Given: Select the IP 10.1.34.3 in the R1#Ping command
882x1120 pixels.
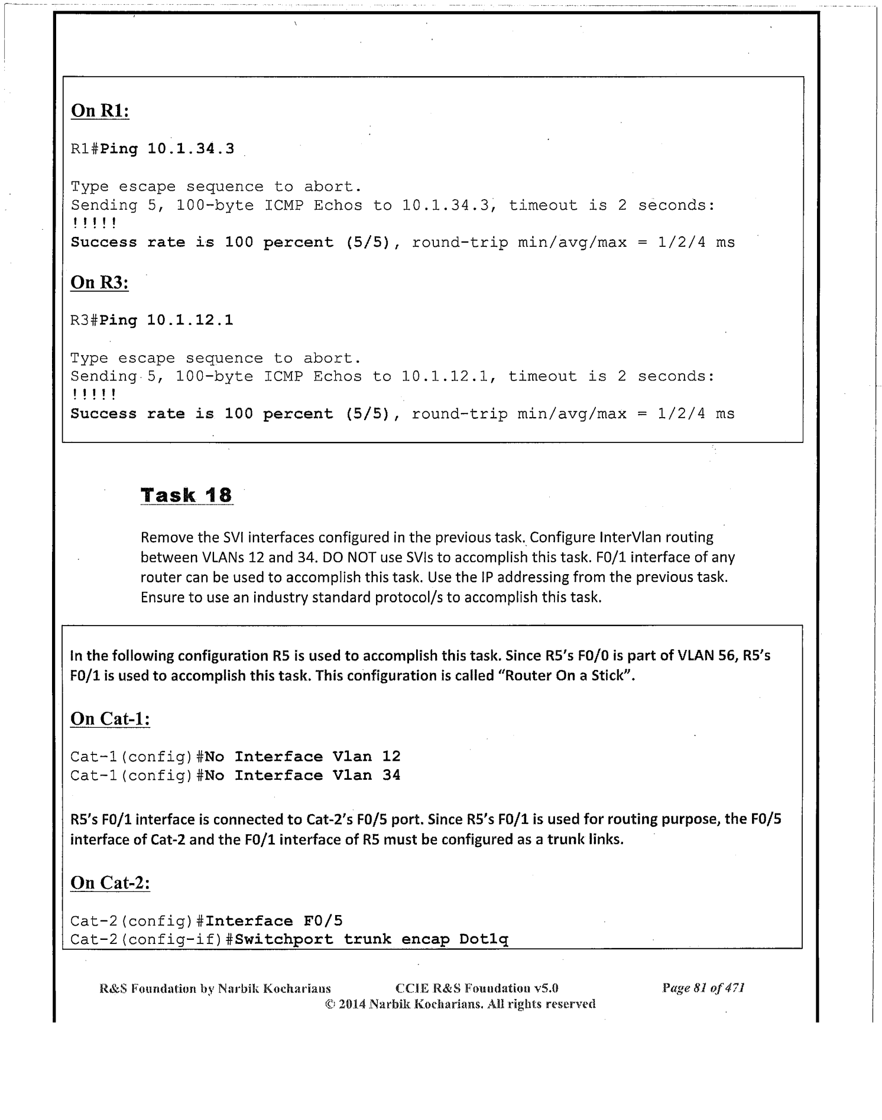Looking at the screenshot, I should click(190, 149).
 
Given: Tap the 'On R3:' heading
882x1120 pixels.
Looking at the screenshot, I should click(99, 282).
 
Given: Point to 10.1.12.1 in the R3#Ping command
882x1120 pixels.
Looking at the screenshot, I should click(190, 321).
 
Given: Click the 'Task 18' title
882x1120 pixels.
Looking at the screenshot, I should click(187, 495).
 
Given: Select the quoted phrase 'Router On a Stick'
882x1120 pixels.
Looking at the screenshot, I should click(566, 675).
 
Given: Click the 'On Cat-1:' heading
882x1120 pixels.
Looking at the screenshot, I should click(110, 719).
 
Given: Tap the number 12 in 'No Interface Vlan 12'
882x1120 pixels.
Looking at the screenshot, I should click(391, 757).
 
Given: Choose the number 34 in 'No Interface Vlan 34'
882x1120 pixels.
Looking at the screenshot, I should click(391, 776).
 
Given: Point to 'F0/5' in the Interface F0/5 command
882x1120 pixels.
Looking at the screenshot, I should click(323, 922).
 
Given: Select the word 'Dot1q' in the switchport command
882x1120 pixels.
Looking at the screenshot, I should click(484, 940).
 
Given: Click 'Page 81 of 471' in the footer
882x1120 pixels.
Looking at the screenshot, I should click(703, 988).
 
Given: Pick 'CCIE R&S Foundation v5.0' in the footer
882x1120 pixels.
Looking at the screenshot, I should click(476, 988).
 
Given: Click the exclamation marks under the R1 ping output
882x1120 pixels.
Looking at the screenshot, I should click(94, 224).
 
